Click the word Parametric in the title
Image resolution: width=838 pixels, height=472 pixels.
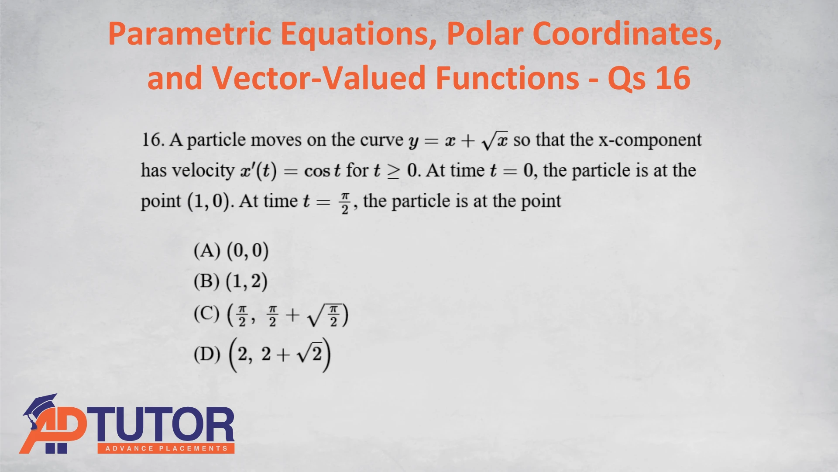point(190,35)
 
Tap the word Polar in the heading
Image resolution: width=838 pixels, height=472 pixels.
point(484,34)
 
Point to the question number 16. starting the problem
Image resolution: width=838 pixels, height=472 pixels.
point(153,140)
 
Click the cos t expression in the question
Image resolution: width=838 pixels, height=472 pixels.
point(322,171)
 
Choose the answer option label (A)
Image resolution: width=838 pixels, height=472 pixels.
point(207,250)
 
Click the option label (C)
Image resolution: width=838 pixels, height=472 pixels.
point(207,313)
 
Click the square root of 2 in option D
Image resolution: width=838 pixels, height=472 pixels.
point(309,353)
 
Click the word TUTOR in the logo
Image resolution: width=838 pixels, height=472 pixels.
point(161,425)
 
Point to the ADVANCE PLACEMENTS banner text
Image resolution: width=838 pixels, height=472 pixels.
point(166,448)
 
